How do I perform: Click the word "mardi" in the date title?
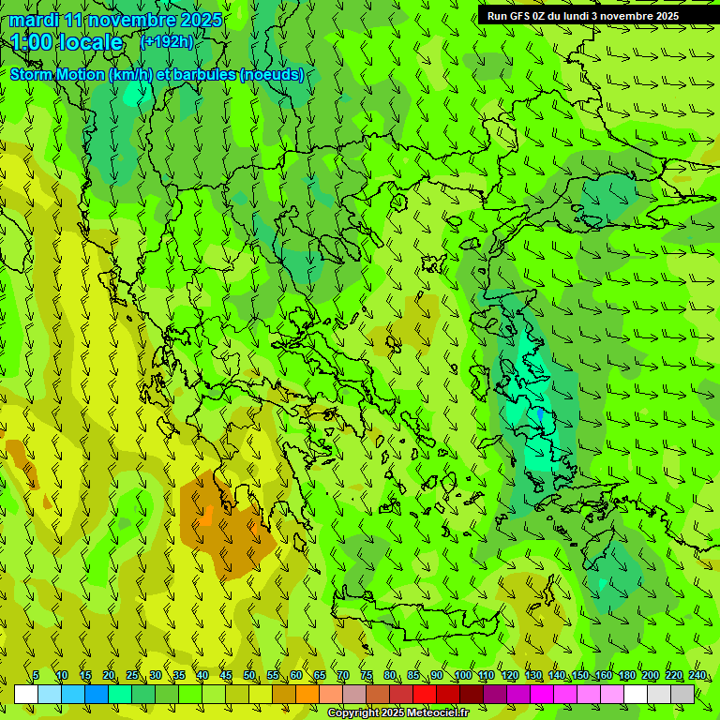tap(34, 20)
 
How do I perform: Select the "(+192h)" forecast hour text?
tap(167, 41)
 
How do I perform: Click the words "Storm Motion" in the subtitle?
tap(58, 74)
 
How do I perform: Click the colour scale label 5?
tap(36, 675)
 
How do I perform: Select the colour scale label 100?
tap(462, 675)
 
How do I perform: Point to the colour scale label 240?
tap(697, 675)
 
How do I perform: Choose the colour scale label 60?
tap(296, 675)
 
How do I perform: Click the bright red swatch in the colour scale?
tap(425, 694)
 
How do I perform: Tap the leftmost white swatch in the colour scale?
tap(26, 694)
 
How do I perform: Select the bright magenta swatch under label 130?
tap(542, 694)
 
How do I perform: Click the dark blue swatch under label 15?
tap(97, 694)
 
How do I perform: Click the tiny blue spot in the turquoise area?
tap(540, 413)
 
